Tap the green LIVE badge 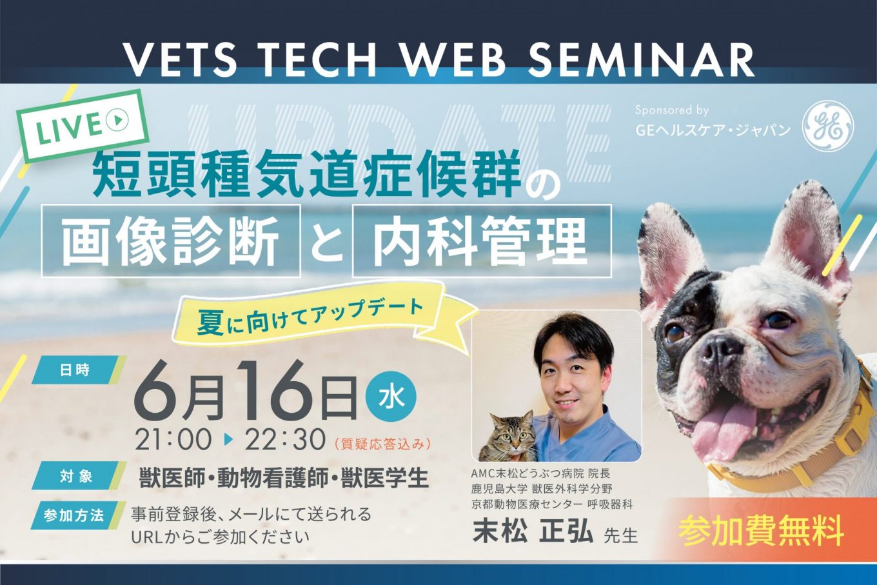pyautogui.click(x=83, y=126)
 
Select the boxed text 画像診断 pyautogui.click(x=171, y=241)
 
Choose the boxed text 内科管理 pyautogui.click(x=482, y=241)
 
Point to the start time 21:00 pyautogui.click(x=173, y=440)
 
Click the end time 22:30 pyautogui.click(x=285, y=440)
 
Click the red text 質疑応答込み pyautogui.click(x=382, y=444)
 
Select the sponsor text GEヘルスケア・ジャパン pyautogui.click(x=713, y=130)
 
